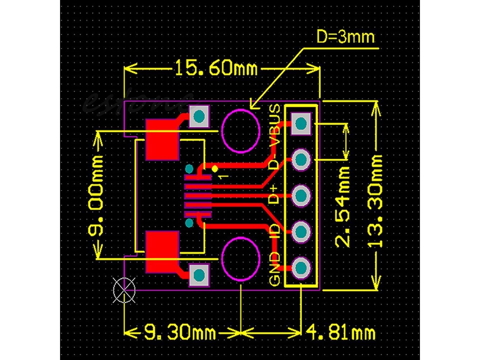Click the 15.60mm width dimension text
216,68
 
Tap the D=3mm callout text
345,37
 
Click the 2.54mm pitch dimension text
343,206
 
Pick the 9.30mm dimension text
179,333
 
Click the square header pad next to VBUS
301,123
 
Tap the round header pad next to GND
301,268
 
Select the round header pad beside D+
301,195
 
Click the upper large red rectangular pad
162,139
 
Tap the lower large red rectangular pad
162,252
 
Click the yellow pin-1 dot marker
215,168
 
